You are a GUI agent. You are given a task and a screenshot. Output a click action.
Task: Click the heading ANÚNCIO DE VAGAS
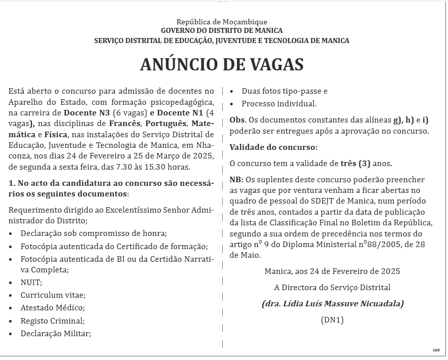pos(222,65)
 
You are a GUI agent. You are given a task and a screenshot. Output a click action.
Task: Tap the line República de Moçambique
pos(222,22)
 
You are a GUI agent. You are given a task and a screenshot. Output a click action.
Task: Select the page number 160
pos(436,350)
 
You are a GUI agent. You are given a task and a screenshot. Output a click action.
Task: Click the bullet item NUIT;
pos(31,283)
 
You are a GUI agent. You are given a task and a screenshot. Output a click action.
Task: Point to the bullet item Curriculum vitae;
pos(53,295)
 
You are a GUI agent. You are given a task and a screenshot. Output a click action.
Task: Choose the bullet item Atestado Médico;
pos(53,308)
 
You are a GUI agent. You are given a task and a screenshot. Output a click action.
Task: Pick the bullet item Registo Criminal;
pos(53,321)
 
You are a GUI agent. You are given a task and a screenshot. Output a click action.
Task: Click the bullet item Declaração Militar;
pos(56,333)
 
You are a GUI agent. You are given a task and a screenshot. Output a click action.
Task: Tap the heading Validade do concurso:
pos(273,147)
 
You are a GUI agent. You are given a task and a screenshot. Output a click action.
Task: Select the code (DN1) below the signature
pos(332,320)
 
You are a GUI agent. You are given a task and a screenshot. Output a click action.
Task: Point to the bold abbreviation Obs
pos(237,120)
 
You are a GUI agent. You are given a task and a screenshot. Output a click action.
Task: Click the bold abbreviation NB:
pos(236,180)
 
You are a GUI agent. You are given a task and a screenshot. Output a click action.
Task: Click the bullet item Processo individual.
pos(279,104)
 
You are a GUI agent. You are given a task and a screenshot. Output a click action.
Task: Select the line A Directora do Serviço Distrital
pos(332,288)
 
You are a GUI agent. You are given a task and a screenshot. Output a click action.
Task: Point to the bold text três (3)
pos(356,164)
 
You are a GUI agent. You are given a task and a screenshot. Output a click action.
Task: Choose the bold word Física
pos(56,134)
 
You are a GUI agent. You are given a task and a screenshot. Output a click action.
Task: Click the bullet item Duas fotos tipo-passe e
pos(284,91)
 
